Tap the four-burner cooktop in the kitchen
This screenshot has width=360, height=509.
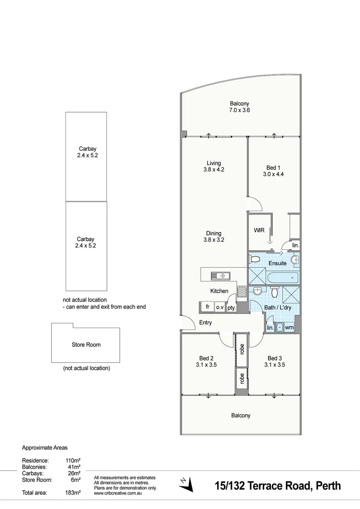pos(242,291)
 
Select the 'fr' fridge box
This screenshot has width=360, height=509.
pos(207,307)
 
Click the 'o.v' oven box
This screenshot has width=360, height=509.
pos(220,307)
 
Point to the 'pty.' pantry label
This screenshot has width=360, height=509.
pos(231,307)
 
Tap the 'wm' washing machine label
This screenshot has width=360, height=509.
pos(289,327)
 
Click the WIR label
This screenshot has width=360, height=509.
pos(259,230)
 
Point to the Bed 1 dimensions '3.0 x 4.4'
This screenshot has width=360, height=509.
pos(273,174)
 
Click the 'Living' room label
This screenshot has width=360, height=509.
pos(213,164)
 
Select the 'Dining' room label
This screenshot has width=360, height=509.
pos(213,233)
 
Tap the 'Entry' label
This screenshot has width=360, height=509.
pos(205,323)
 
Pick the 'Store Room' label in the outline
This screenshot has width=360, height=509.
pos(86,345)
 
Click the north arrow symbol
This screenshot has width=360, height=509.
pos(187,484)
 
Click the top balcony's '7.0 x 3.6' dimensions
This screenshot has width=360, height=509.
pos(239,110)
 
